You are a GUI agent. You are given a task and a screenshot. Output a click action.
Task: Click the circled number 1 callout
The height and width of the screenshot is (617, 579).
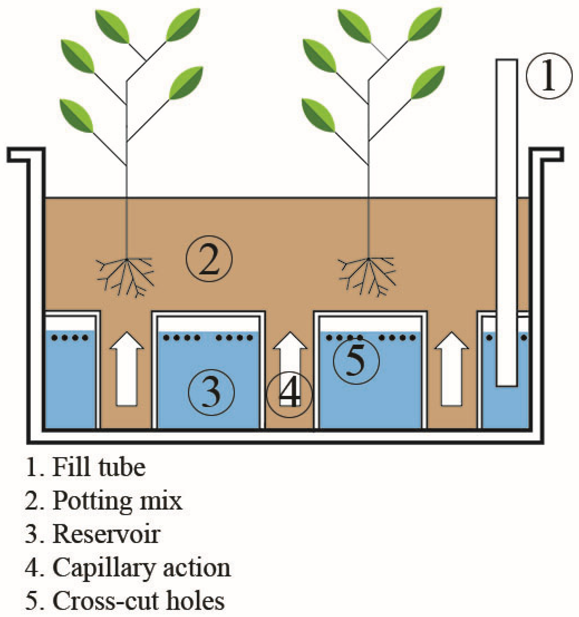(x=549, y=76)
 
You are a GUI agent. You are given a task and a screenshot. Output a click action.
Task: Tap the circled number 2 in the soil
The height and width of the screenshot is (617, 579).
(x=209, y=259)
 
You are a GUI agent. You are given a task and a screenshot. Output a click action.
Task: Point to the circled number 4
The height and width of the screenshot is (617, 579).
(x=290, y=394)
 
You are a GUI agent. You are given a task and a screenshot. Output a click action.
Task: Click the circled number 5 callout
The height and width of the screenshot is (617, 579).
(x=356, y=361)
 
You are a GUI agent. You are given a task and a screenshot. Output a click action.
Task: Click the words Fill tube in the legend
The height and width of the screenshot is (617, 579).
(x=99, y=468)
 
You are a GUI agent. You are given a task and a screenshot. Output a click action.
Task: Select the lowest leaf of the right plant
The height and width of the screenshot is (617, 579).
(x=318, y=115)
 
